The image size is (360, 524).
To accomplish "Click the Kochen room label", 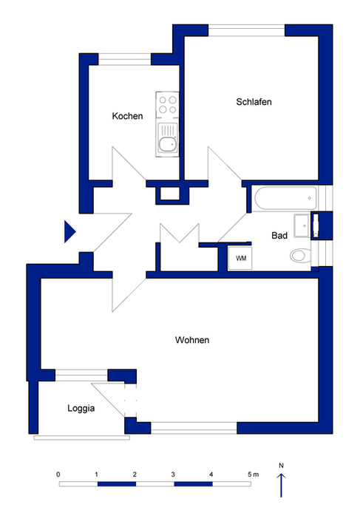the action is (x=127, y=116).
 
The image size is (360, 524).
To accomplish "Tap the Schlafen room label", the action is (x=254, y=101).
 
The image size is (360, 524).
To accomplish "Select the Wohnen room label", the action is (x=192, y=340).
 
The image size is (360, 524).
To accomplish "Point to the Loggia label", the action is (x=81, y=408).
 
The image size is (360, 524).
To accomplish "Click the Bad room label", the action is (x=279, y=236).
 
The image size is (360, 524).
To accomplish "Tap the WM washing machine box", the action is (x=240, y=259).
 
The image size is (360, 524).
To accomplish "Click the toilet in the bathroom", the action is (x=300, y=256).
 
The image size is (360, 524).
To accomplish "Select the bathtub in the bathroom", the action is (x=285, y=199).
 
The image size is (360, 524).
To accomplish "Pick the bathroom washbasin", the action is (x=302, y=225).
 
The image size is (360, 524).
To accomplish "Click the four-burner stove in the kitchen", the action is (x=168, y=104).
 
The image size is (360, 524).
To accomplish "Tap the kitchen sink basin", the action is (x=168, y=143).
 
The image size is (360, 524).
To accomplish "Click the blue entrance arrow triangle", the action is (x=70, y=231).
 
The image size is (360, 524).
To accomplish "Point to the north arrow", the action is (x=281, y=485).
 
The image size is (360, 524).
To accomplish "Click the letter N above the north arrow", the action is (x=281, y=466).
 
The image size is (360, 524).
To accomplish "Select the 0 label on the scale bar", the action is (x=58, y=474).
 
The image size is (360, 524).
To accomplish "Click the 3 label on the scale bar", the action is (x=173, y=474).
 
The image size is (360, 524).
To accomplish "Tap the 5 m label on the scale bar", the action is (x=253, y=474).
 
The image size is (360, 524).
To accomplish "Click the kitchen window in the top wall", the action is (x=125, y=59).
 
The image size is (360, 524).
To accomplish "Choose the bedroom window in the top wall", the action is (x=247, y=30).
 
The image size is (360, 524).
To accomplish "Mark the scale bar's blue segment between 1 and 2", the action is (x=117, y=484).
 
